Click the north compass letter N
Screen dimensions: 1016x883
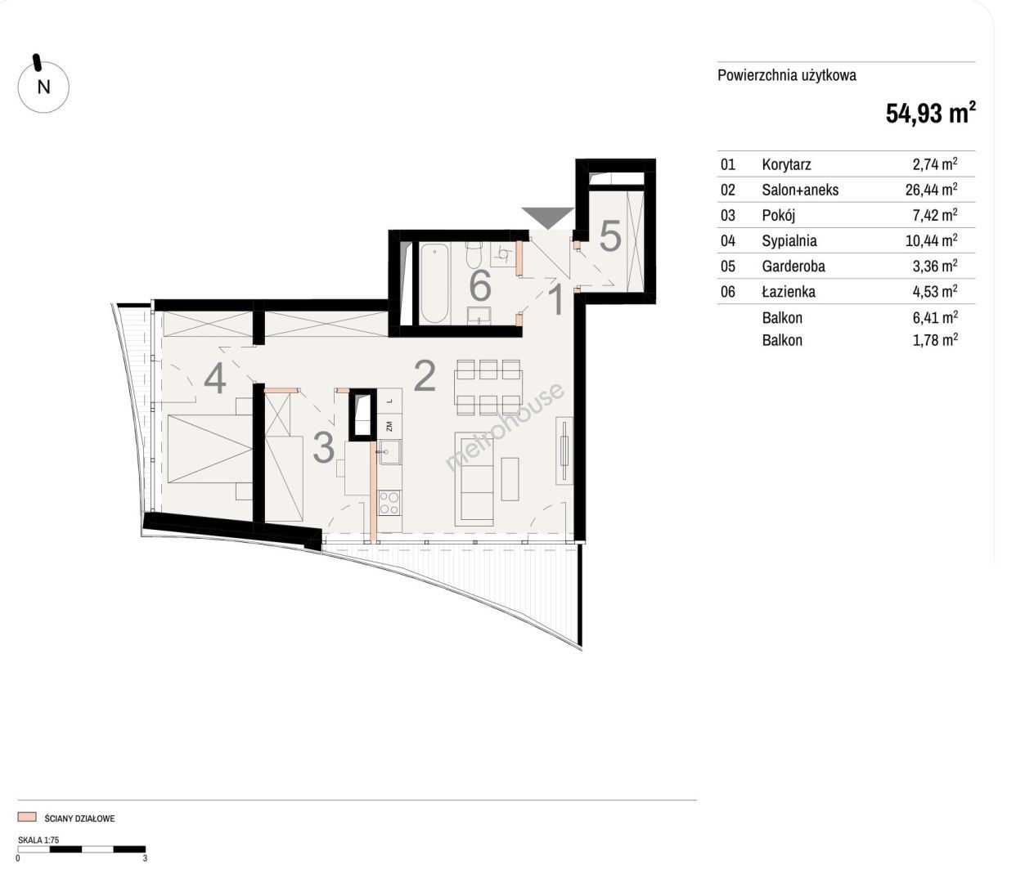(x=43, y=87)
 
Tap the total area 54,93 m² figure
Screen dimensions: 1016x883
(x=930, y=113)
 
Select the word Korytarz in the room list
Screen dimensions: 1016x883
(x=786, y=164)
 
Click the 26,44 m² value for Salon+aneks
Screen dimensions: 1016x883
(x=931, y=189)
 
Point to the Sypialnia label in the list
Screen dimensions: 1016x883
(x=789, y=240)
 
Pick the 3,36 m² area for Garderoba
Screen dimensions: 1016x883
(x=935, y=266)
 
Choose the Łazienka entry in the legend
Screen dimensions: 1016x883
(x=789, y=291)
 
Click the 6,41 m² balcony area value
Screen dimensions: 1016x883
(x=935, y=317)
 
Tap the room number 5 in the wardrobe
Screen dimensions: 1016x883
(x=610, y=236)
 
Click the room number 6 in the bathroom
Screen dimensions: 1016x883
(x=480, y=285)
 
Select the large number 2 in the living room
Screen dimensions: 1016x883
(x=425, y=375)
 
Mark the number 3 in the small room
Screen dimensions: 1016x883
(x=324, y=447)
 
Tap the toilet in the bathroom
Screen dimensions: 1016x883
(x=474, y=253)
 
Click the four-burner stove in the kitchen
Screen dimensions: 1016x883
(x=389, y=502)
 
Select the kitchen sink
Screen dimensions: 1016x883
(x=390, y=452)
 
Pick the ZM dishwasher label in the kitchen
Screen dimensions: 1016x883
(x=389, y=426)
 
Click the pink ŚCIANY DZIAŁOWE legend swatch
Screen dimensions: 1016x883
(x=27, y=817)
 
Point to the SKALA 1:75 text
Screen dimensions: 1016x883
(x=38, y=840)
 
